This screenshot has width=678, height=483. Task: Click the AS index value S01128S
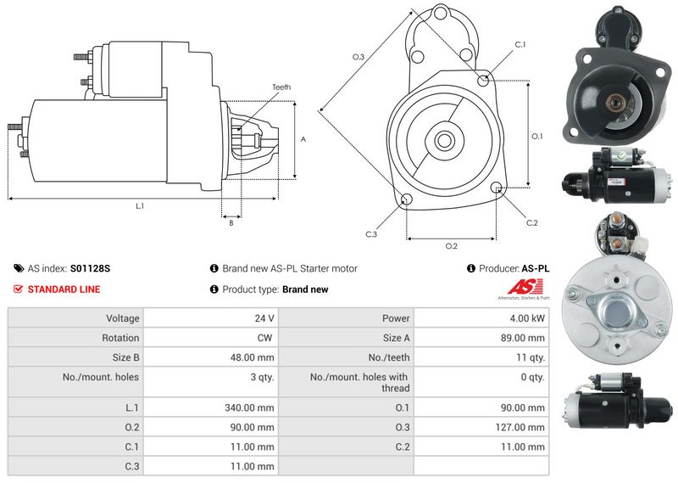(x=90, y=268)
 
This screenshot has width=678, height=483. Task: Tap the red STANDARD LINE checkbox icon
(x=18, y=289)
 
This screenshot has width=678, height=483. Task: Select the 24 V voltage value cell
(x=264, y=318)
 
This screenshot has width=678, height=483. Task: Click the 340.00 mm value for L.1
(x=249, y=407)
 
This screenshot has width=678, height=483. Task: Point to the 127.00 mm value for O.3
(x=520, y=428)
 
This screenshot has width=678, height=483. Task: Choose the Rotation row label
(x=120, y=338)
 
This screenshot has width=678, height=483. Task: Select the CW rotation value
(x=264, y=338)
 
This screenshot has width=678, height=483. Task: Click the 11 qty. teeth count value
(x=531, y=358)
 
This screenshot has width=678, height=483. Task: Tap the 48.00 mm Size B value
(x=252, y=358)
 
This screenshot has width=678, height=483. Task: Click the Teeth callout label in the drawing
(x=281, y=87)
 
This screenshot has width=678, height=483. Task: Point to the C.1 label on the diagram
(x=520, y=45)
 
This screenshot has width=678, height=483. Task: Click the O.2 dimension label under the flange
(x=451, y=246)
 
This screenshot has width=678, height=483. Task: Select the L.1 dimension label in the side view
(x=140, y=206)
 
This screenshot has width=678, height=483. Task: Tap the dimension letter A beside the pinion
(x=303, y=139)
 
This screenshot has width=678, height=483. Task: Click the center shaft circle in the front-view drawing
(x=443, y=140)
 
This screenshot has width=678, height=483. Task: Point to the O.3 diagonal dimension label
(x=358, y=57)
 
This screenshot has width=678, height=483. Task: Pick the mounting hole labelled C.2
(x=497, y=187)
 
